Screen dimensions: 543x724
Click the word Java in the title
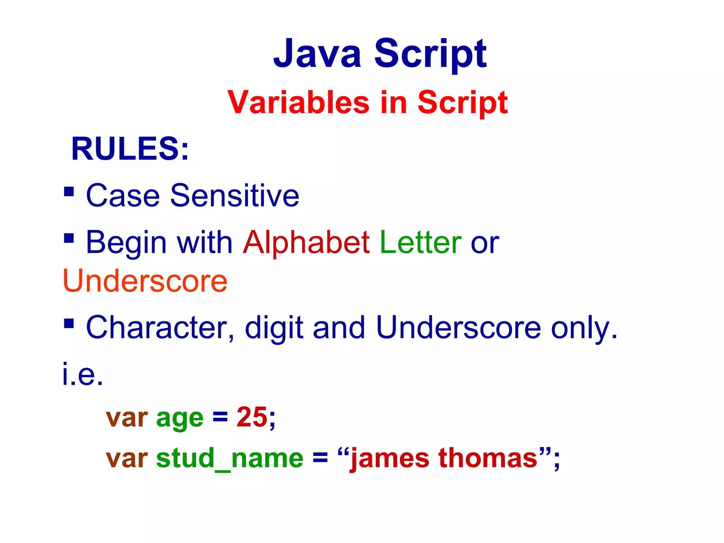click(x=317, y=54)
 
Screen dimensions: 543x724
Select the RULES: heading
click(x=130, y=149)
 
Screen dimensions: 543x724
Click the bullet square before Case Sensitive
click(x=69, y=192)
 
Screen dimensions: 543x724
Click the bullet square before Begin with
click(x=69, y=238)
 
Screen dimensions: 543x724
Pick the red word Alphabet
click(x=306, y=243)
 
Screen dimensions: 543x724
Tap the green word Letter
click(x=420, y=243)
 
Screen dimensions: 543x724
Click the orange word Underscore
click(x=145, y=281)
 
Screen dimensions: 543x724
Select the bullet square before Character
click(x=69, y=323)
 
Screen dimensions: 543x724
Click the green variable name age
click(x=180, y=418)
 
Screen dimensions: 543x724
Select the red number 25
click(x=252, y=417)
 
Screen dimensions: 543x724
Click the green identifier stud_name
click(x=229, y=459)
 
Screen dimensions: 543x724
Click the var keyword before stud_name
click(x=127, y=459)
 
